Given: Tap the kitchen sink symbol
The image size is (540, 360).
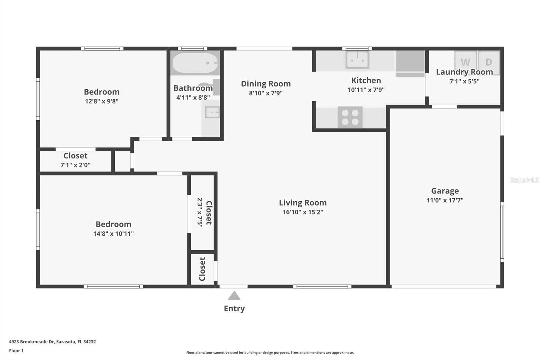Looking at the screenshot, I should pyautogui.click(x=357, y=60).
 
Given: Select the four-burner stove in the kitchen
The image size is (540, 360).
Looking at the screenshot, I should pyautogui.click(x=350, y=117).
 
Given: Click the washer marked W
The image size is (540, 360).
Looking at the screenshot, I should pyautogui.click(x=465, y=61).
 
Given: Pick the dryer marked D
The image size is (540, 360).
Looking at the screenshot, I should pyautogui.click(x=489, y=61).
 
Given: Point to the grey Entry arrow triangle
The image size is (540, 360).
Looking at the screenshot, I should pyautogui.click(x=234, y=296).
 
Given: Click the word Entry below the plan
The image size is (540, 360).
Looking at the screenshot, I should pyautogui.click(x=234, y=308).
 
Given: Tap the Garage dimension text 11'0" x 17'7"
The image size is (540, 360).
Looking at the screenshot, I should pyautogui.click(x=445, y=200).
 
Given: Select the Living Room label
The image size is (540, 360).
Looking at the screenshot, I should pyautogui.click(x=303, y=203).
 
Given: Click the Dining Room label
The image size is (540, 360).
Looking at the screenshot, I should pyautogui.click(x=266, y=84).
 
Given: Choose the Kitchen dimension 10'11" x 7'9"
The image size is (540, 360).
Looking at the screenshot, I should pyautogui.click(x=366, y=90).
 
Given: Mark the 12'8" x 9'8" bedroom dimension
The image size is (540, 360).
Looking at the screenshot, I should pyautogui.click(x=102, y=101).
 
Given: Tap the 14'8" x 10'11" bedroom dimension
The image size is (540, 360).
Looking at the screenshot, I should pyautogui.click(x=113, y=234).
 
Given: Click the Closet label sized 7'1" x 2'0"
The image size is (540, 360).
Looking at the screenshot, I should pyautogui.click(x=75, y=156).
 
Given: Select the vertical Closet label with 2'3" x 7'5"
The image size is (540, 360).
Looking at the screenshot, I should pyautogui.click(x=209, y=213).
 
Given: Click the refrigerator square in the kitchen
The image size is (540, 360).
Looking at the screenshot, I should pyautogui.click(x=410, y=61).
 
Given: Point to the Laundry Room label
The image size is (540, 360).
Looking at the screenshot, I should pyautogui.click(x=464, y=72).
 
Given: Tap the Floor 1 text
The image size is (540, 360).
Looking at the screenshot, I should pyautogui.click(x=16, y=351).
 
